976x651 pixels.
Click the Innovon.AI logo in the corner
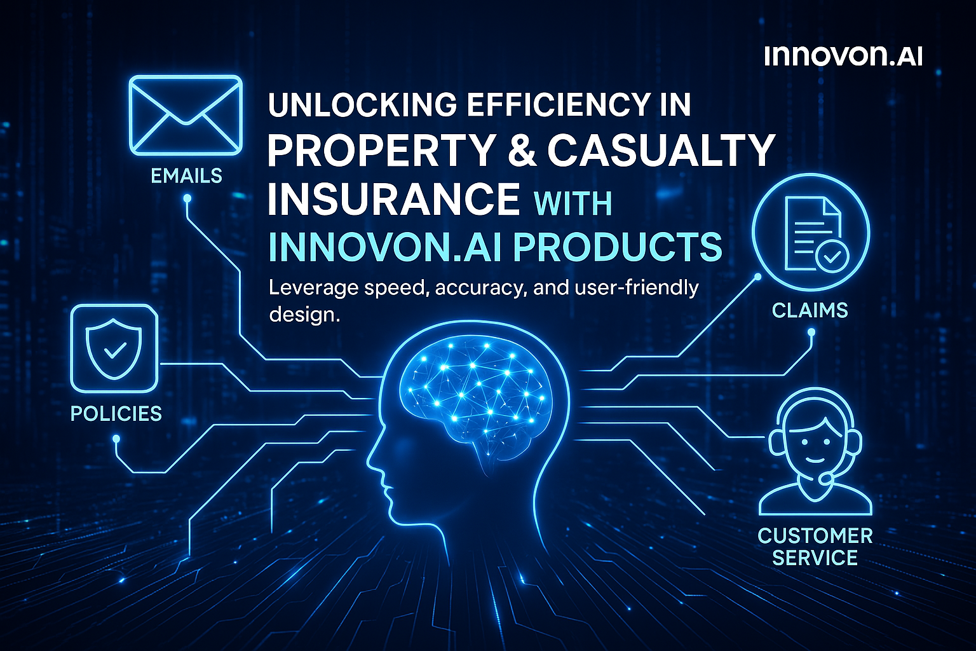(843, 56)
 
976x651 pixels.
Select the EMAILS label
(186, 175)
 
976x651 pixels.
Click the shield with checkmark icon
(114, 348)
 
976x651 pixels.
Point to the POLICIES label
(116, 414)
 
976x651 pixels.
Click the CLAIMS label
(810, 310)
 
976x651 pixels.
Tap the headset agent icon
(815, 453)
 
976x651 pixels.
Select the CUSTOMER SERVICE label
(815, 547)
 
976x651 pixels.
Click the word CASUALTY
(661, 151)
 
